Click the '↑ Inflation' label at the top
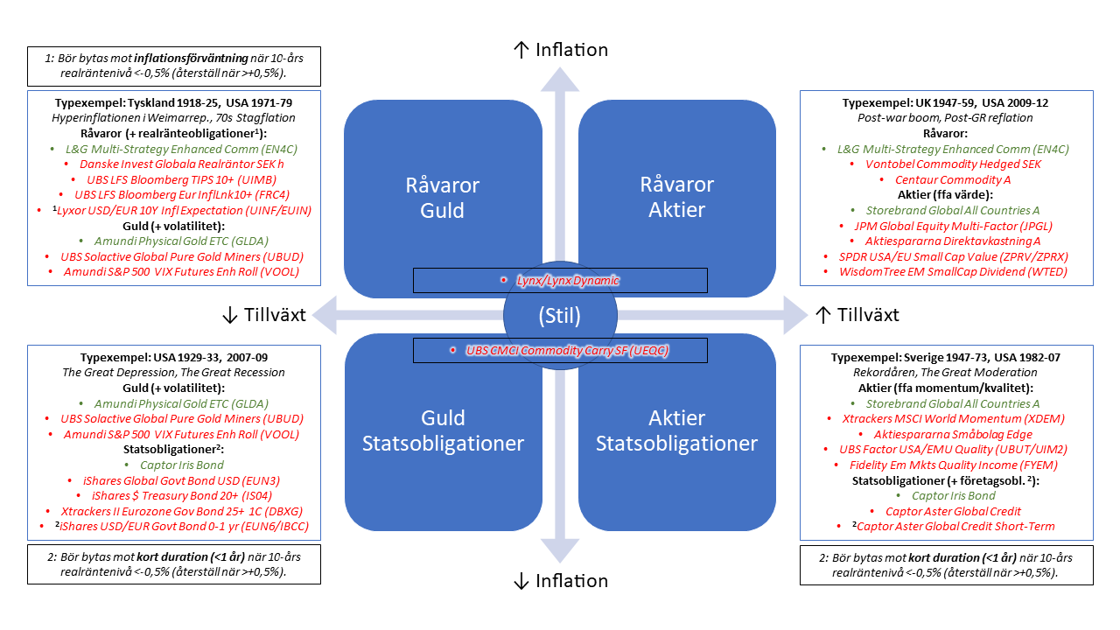tap(560, 50)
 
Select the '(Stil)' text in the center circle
tap(560, 315)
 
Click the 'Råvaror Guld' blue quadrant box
tap(442, 198)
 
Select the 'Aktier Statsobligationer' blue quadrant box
tap(676, 430)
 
